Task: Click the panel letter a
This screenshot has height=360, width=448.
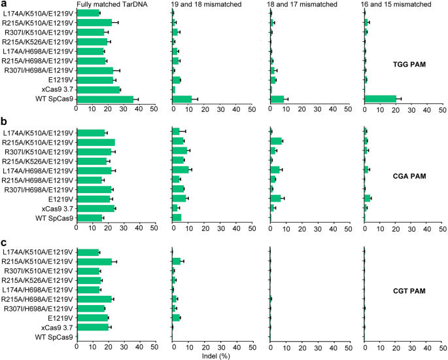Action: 4,4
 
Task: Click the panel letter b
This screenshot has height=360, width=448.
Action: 4,122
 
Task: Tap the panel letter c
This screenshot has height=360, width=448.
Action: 4,242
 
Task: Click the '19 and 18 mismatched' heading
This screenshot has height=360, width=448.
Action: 205,5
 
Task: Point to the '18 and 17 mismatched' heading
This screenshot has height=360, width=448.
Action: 302,5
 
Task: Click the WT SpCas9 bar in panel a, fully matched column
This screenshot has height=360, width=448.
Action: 105,99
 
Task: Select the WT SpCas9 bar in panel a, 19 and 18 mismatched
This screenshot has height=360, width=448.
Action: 182,99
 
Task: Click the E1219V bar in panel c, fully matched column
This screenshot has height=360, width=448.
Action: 92,318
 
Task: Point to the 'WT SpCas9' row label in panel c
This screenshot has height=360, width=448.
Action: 56,337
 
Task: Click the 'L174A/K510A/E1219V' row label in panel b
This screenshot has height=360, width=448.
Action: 39,133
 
